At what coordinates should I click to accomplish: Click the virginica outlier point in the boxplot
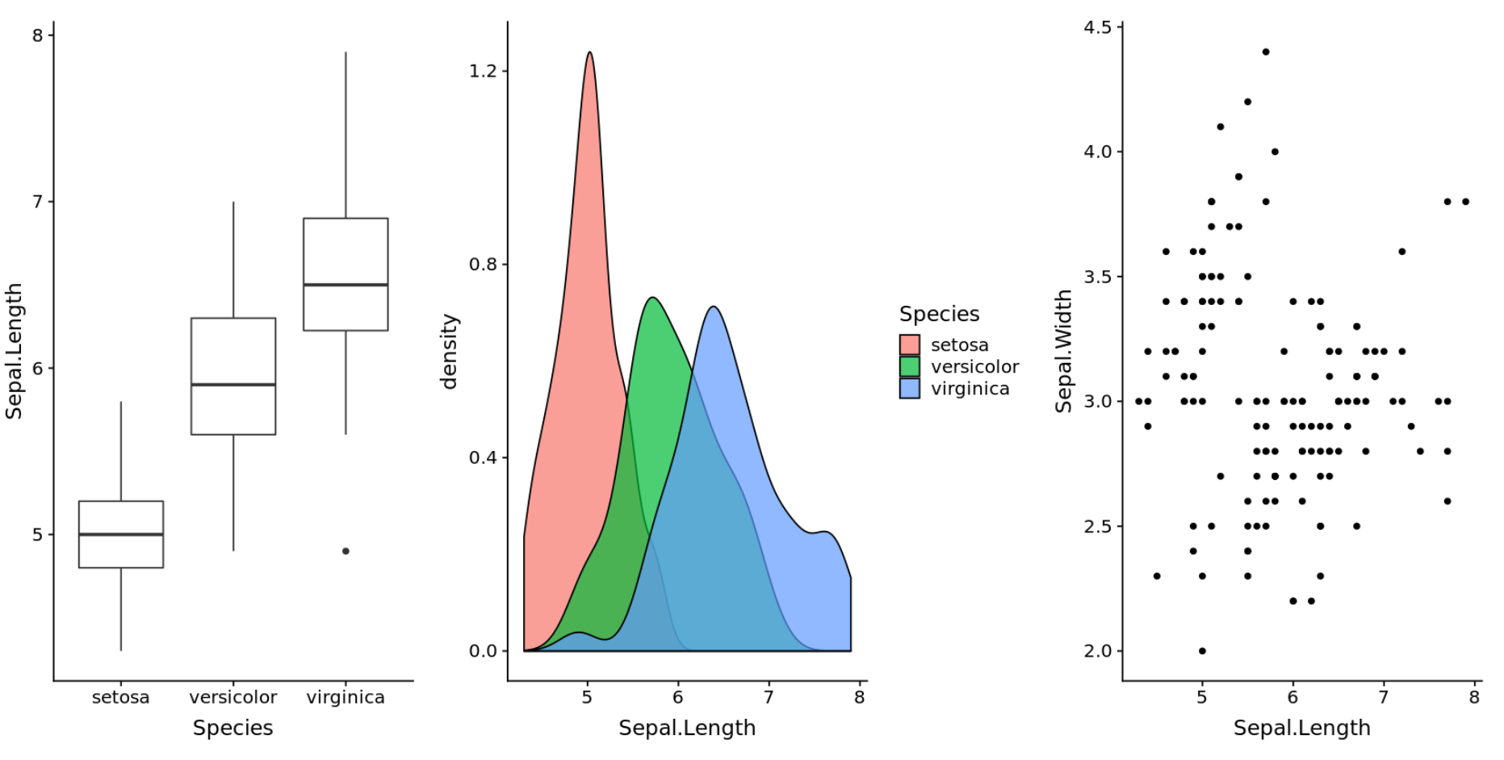click(x=346, y=551)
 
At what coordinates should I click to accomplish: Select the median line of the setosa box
click(x=121, y=534)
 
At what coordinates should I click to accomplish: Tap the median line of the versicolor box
click(x=233, y=385)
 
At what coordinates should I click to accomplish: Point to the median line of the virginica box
click(x=346, y=285)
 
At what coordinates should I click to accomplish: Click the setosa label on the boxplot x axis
click(x=120, y=697)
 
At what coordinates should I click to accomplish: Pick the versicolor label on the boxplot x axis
click(x=233, y=697)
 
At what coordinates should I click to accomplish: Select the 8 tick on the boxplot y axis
click(x=37, y=35)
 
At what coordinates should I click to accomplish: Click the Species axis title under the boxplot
click(x=233, y=728)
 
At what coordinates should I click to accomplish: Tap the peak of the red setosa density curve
click(x=590, y=53)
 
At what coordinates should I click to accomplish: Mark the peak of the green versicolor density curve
click(x=652, y=299)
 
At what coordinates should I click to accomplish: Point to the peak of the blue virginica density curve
click(x=714, y=307)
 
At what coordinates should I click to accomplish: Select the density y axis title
click(x=449, y=352)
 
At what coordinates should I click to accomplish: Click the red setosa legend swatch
click(x=910, y=345)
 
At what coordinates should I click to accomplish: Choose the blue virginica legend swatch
click(x=910, y=389)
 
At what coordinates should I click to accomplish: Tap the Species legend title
click(x=939, y=314)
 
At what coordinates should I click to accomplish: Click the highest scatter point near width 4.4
click(x=1266, y=52)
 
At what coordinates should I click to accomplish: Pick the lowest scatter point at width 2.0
click(x=1202, y=651)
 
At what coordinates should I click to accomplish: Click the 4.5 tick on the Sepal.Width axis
click(x=1097, y=27)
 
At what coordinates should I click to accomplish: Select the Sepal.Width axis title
click(x=1063, y=352)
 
